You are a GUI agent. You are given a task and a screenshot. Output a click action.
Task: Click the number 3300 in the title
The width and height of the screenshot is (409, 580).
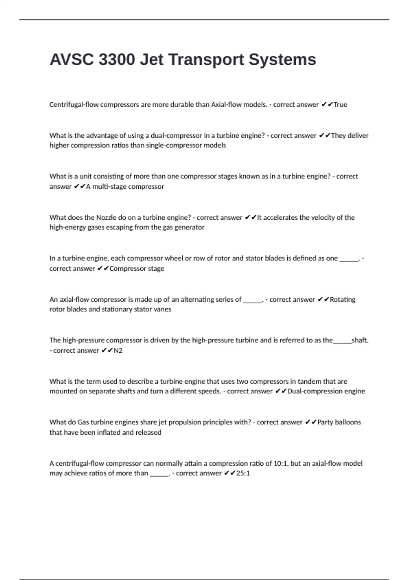(x=117, y=59)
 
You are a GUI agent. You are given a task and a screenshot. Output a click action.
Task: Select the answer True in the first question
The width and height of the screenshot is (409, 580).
(x=340, y=105)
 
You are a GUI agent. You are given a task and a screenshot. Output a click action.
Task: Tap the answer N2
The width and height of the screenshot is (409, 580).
(x=118, y=350)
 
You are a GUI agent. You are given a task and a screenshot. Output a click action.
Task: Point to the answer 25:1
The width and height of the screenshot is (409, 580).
(x=243, y=473)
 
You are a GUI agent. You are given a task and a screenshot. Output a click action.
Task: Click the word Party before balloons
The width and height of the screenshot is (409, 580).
(x=325, y=422)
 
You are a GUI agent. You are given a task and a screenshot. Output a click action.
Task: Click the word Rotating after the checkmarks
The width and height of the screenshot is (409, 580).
(x=343, y=300)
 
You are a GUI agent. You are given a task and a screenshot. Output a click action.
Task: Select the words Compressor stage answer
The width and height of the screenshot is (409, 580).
(x=137, y=269)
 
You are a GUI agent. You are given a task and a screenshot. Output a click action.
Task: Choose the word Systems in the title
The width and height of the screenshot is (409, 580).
(x=282, y=59)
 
